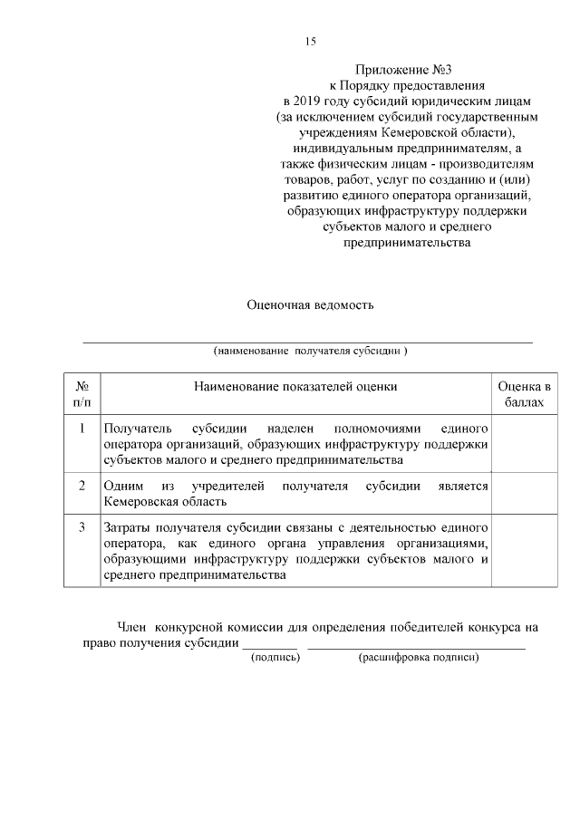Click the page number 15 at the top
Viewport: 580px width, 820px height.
click(x=309, y=41)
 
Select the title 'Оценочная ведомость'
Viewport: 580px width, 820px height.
click(x=310, y=305)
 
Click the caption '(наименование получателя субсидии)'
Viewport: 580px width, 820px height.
click(x=310, y=351)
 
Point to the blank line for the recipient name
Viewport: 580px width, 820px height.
click(x=308, y=342)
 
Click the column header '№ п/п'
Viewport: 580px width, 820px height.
click(x=82, y=393)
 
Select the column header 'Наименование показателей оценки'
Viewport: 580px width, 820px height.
click(x=295, y=387)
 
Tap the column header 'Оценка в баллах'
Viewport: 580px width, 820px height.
click(x=525, y=393)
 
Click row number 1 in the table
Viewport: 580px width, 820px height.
click(x=82, y=428)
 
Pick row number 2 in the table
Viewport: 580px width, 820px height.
click(x=82, y=486)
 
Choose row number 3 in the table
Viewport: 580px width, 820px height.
click(x=82, y=526)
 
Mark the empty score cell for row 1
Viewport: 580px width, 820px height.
click(x=525, y=443)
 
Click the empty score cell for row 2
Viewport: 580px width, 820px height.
click(x=525, y=493)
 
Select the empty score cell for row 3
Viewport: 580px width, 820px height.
click(x=525, y=550)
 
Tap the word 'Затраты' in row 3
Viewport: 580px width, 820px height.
click(x=127, y=526)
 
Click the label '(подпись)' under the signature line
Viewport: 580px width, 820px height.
click(x=275, y=658)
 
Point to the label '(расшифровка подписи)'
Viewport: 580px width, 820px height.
click(x=418, y=658)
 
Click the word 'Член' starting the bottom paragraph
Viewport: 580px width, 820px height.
click(x=133, y=627)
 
